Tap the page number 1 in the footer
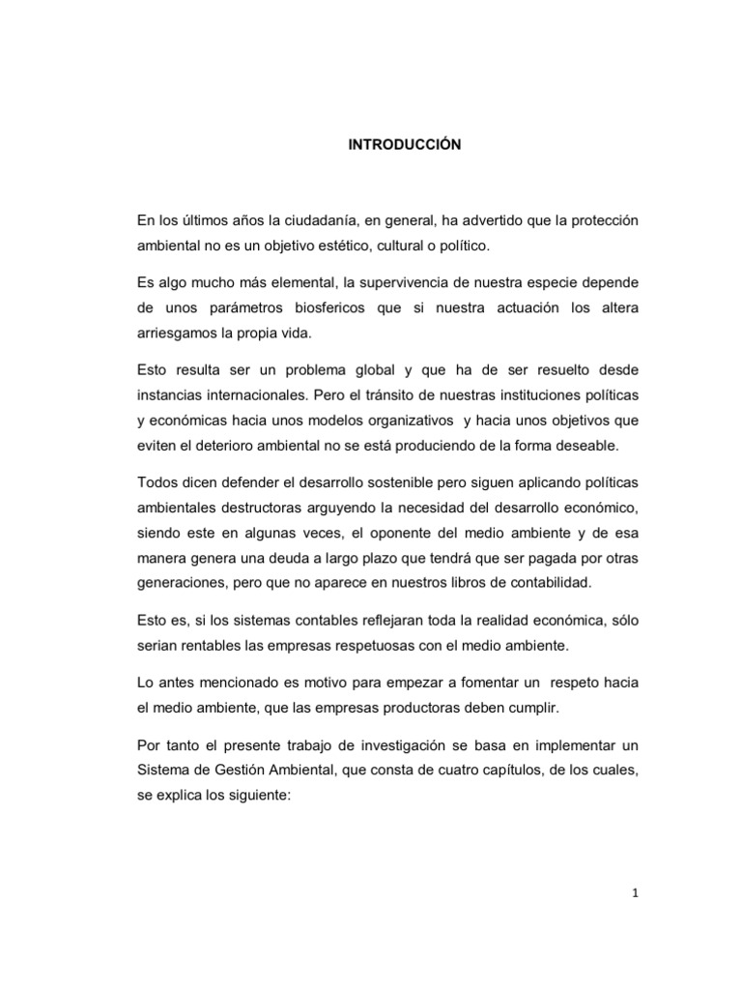point(634,894)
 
